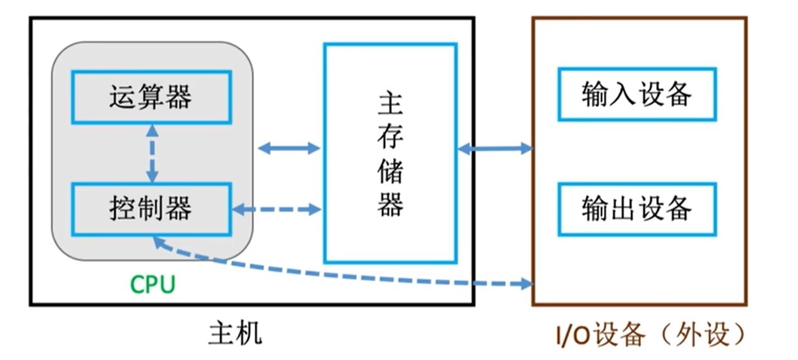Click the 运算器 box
(x=151, y=97)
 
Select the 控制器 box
(x=151, y=209)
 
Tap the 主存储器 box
(x=390, y=153)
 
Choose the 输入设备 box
(x=637, y=95)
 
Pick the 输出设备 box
(x=637, y=209)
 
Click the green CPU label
(x=153, y=285)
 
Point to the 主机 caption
(x=235, y=333)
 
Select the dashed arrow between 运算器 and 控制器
(x=151, y=153)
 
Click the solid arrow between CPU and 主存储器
(x=289, y=148)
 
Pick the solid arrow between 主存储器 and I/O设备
(x=495, y=149)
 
